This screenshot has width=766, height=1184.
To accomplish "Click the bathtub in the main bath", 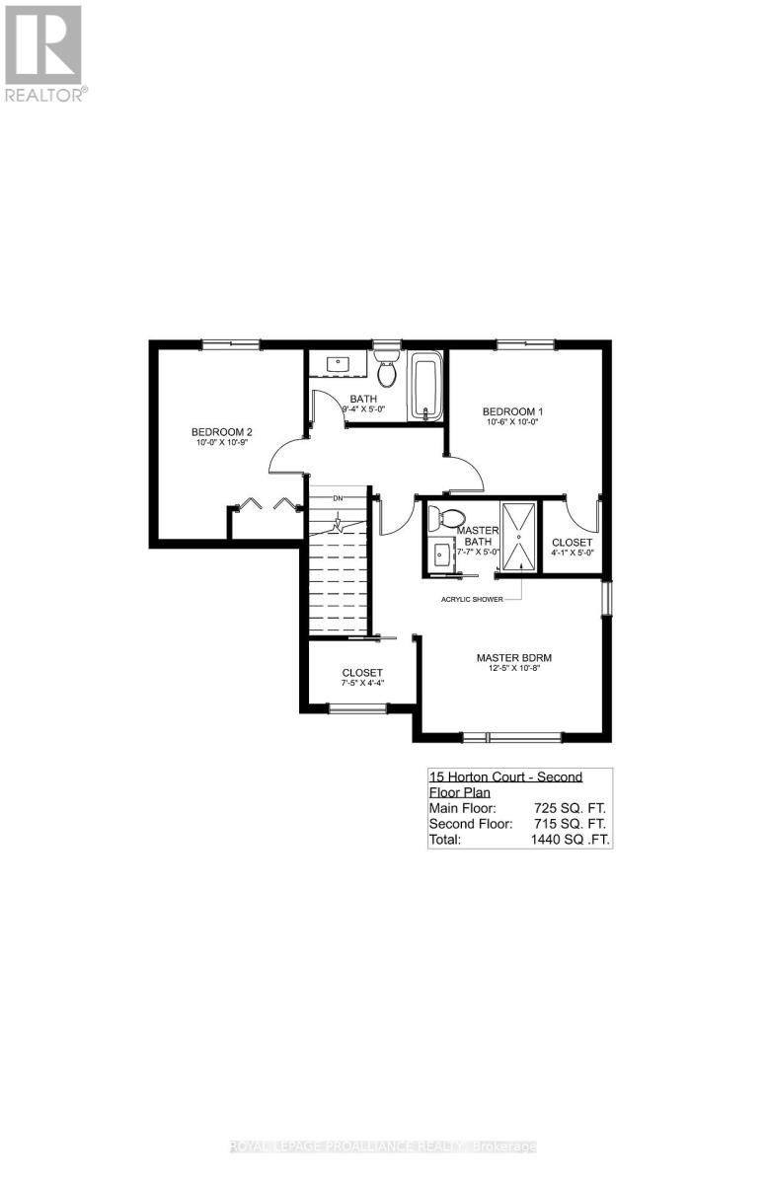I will click(x=427, y=388).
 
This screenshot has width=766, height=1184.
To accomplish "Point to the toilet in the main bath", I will click(x=386, y=369).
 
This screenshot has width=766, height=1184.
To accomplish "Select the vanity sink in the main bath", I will click(x=339, y=362).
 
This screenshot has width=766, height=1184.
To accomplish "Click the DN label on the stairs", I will click(x=338, y=498).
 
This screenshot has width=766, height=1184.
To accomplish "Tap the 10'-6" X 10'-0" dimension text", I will click(x=513, y=422).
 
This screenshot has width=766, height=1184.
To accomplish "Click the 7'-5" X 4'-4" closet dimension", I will click(x=362, y=683).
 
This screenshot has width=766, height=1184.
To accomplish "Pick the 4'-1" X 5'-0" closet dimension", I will click(x=573, y=554).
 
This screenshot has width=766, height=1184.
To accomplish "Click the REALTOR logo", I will click(x=43, y=54).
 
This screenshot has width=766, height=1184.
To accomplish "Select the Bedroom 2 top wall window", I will click(x=230, y=343).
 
